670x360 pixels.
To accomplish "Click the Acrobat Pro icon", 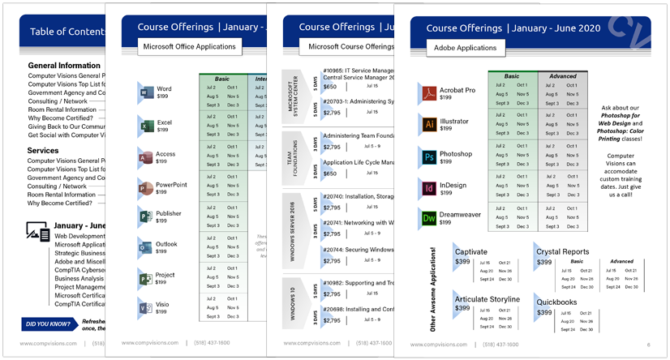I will tap(429, 94).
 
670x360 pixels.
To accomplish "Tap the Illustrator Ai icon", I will tap(429, 124).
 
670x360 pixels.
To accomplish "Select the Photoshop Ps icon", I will tap(429, 156).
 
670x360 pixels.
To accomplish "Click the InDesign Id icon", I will tap(429, 188).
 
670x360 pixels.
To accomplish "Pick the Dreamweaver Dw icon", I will tap(429, 218).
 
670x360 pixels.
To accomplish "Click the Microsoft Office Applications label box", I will tap(189, 47).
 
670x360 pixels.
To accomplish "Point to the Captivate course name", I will tap(471, 252).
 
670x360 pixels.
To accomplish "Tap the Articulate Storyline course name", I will tap(487, 299).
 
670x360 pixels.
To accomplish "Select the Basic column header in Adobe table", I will tap(512, 76).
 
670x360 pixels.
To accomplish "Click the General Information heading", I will tap(64, 66).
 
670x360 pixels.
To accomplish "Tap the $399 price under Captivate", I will tap(462, 262).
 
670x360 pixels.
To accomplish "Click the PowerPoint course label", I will tap(171, 185).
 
